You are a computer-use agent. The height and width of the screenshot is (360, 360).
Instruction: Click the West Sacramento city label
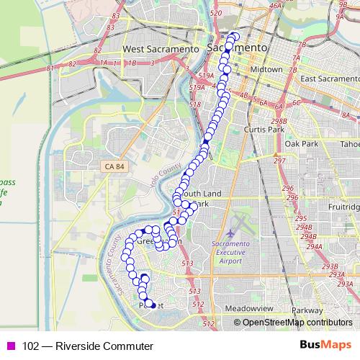160,48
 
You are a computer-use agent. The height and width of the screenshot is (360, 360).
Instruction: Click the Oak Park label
301,144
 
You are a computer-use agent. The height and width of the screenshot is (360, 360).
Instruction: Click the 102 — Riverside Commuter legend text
88,346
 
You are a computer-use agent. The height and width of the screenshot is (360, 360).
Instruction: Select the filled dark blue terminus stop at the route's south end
151,305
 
